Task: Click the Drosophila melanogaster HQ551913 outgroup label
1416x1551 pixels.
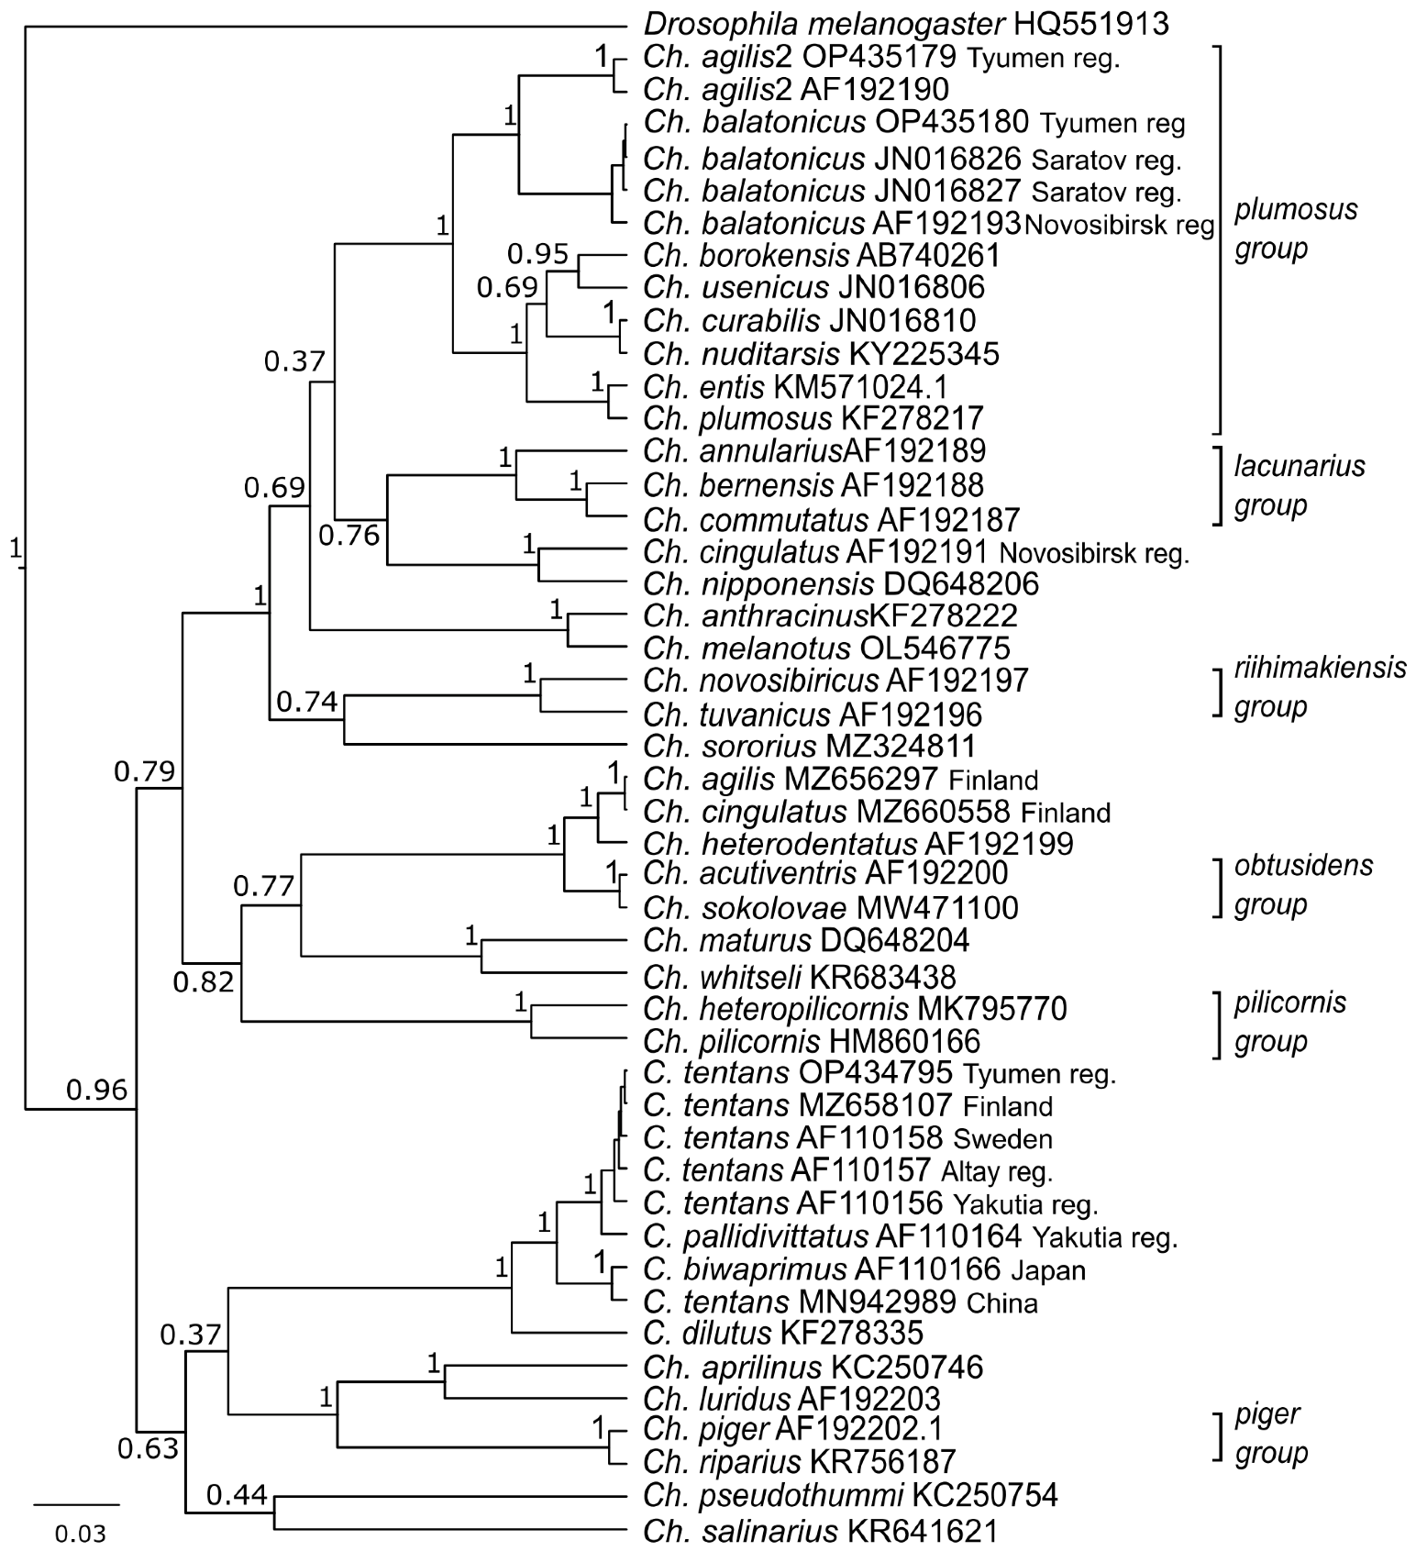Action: coord(906,24)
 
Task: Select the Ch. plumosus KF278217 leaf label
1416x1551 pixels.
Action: coord(813,419)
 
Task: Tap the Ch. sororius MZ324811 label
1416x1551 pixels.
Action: coord(809,746)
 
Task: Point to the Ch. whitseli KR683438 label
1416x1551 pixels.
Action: coord(799,978)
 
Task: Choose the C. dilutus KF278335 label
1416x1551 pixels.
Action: coord(783,1333)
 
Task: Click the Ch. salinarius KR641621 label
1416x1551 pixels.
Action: coord(820,1531)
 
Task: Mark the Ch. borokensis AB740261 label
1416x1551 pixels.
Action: coord(821,255)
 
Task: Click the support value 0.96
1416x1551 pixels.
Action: coord(96,1090)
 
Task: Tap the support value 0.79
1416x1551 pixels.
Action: coord(144,772)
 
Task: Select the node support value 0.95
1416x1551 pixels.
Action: coord(538,253)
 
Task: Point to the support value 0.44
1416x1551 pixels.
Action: coord(237,1496)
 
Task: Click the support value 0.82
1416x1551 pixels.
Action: coord(204,982)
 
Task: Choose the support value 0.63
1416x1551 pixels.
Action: coord(148,1449)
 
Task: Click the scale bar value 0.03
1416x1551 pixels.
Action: coord(80,1534)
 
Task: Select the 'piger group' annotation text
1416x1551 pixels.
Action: coord(1270,1433)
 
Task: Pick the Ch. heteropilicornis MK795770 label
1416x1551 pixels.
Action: coord(855,1010)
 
